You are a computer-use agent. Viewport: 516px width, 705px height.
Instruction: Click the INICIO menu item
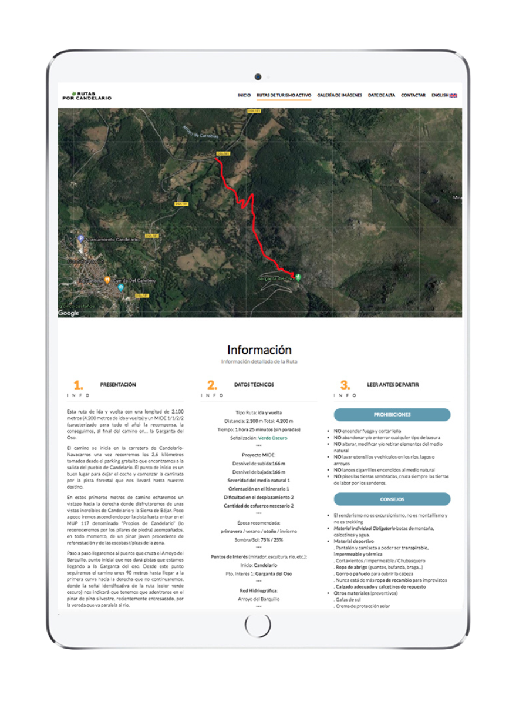[x=244, y=95]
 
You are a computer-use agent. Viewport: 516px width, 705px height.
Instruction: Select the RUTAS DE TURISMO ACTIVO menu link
[x=284, y=95]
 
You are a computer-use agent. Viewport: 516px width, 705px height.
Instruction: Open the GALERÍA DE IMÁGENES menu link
[x=340, y=95]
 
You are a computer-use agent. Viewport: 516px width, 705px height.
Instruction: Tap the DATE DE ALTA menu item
[x=382, y=95]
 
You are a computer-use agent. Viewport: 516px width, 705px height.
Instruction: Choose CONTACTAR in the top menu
[x=413, y=95]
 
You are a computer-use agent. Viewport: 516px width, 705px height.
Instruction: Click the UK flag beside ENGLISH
[x=453, y=95]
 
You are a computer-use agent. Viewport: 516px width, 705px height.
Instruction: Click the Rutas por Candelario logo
[x=87, y=95]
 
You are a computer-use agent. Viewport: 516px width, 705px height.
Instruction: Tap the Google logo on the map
[x=69, y=313]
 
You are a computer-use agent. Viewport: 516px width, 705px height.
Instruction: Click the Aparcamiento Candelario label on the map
[x=112, y=240]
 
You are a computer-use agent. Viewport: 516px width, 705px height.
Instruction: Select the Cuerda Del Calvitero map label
[x=134, y=281]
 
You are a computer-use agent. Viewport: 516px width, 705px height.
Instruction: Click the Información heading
[x=259, y=350]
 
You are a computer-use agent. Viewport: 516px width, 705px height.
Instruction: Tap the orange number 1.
[x=78, y=385]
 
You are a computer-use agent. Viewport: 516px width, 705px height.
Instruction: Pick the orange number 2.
[x=212, y=385]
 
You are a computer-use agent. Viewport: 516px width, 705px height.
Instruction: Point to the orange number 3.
[x=345, y=385]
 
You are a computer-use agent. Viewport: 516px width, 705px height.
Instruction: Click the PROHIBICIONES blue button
[x=392, y=415]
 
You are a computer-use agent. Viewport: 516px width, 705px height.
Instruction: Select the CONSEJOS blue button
[x=392, y=499]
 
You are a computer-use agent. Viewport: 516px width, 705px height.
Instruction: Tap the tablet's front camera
[x=258, y=77]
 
